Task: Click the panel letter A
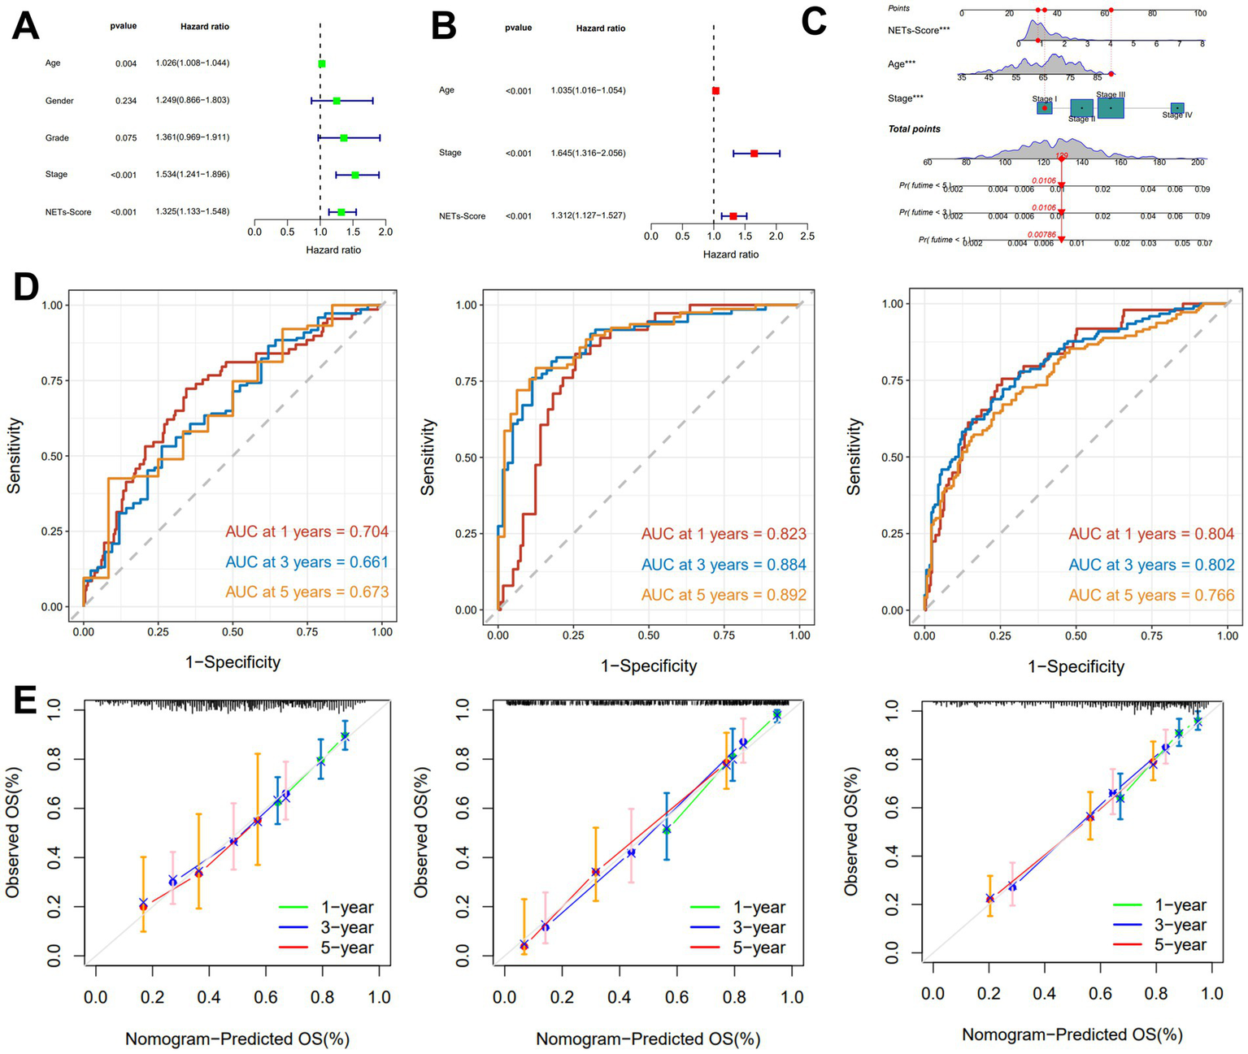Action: point(25,26)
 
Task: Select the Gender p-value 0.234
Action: point(126,101)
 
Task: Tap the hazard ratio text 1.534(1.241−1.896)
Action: point(193,175)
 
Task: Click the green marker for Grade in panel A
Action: point(344,138)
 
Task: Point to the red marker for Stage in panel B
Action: point(754,153)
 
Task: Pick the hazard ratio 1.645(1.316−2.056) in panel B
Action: point(588,153)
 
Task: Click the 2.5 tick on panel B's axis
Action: point(807,236)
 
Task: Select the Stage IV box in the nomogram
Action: point(1176,108)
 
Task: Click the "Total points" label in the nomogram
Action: point(914,129)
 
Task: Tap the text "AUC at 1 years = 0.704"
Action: point(307,532)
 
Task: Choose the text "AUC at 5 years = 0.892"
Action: point(724,595)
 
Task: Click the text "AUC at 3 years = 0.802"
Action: point(1151,565)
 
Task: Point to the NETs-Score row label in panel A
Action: point(68,212)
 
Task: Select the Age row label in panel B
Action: point(446,90)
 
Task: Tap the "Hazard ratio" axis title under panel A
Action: point(333,249)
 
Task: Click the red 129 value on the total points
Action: point(1061,155)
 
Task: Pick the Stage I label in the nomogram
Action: point(1045,98)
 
